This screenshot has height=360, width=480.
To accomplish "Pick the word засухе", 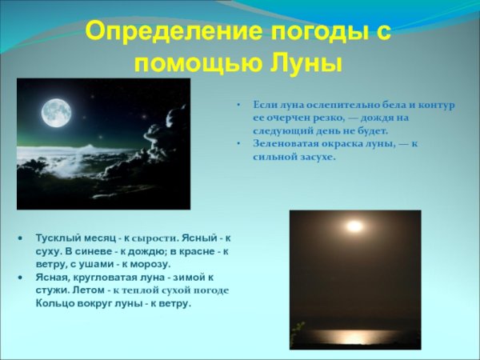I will click(314, 157).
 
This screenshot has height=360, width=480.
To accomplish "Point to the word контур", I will click(436, 105).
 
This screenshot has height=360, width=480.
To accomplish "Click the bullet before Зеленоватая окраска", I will click(240, 144).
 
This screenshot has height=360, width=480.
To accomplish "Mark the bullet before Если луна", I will click(240, 106).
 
